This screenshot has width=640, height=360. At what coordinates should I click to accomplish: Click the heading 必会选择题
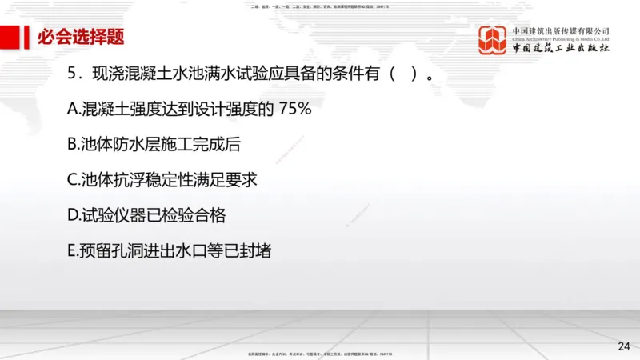[81, 37]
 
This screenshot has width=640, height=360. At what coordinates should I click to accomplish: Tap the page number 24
[624, 346]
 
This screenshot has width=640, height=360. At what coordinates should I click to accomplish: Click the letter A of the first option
[73, 110]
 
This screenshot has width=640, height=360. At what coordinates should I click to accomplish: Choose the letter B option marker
[73, 145]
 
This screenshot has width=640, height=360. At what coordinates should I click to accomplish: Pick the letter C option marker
[73, 180]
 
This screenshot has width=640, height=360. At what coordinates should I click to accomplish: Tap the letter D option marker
[73, 215]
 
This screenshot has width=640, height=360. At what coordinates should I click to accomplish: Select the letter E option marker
[72, 250]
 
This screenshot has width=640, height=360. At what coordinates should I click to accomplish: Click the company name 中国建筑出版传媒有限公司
[561, 31]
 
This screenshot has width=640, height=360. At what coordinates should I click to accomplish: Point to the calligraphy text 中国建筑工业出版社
[561, 48]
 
